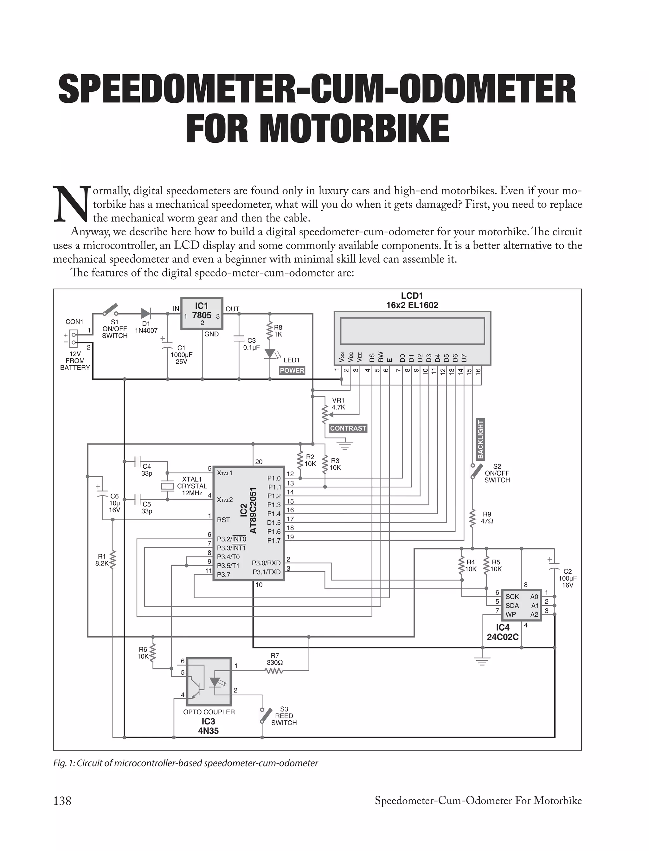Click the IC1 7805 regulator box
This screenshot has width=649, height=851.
(202, 313)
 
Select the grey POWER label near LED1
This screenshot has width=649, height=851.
(292, 370)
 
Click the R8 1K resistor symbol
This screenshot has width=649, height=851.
(270, 330)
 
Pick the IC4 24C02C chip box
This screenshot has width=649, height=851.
(521, 605)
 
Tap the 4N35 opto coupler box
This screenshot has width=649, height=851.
(209, 681)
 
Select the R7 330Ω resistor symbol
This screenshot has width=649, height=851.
(274, 671)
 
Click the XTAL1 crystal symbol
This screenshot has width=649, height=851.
(167, 486)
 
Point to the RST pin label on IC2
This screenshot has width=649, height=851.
(223, 520)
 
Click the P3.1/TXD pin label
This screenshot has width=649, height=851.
(267, 572)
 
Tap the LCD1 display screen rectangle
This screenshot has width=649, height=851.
(412, 331)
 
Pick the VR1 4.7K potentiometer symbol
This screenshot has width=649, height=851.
(325, 414)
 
